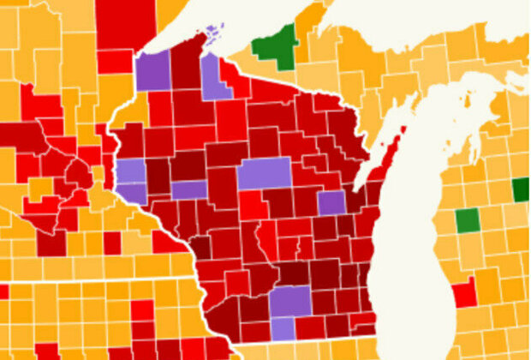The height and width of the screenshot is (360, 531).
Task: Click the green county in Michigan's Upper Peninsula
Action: [276, 43]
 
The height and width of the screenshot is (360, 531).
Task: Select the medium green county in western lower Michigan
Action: [467, 220]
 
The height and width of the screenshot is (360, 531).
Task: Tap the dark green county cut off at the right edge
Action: [521, 189]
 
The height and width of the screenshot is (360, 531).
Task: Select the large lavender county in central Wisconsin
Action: [264, 174]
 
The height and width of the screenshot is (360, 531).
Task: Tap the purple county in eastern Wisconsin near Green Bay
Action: [331, 202]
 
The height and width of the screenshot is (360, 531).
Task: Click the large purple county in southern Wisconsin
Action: [291, 300]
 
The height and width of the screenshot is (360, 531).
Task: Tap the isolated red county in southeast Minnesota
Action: [112, 243]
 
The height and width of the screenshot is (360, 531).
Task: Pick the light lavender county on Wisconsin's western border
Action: [131, 171]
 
